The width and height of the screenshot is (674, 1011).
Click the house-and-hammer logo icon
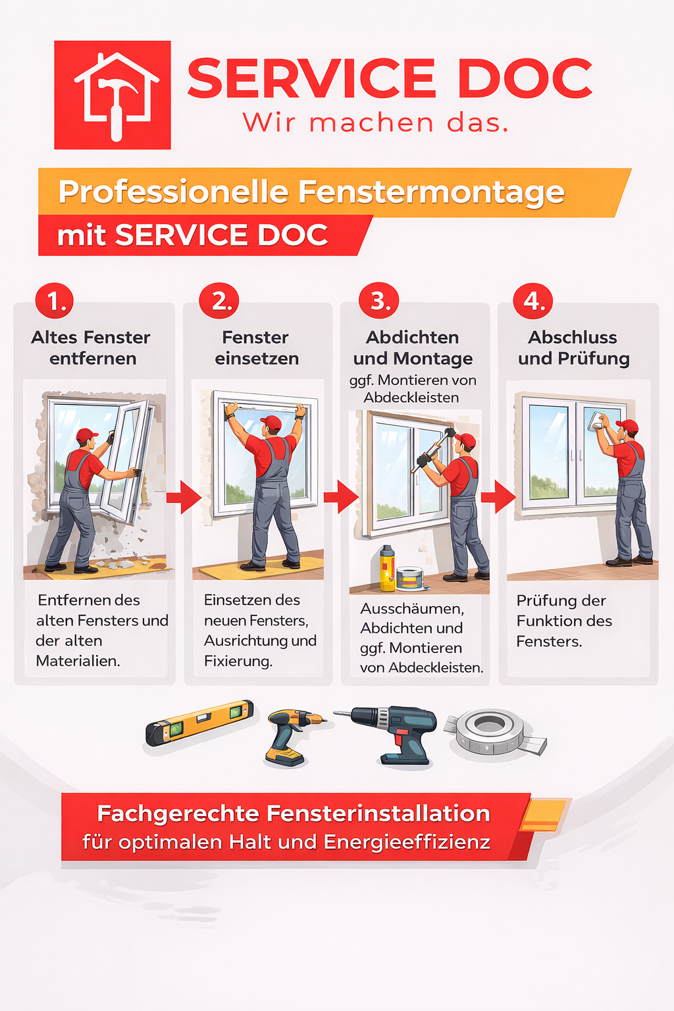click(x=113, y=95)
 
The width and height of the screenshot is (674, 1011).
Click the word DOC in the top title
click(x=525, y=79)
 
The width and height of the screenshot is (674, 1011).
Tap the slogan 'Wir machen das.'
click(x=376, y=123)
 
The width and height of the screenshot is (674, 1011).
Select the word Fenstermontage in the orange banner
click(x=431, y=192)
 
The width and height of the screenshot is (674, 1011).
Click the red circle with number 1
click(x=55, y=301)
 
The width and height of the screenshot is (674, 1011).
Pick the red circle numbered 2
click(x=220, y=301)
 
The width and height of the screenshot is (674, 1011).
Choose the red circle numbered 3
click(x=378, y=301)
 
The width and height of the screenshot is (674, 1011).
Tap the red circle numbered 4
click(x=533, y=301)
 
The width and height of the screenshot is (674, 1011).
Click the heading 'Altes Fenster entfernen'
click(x=91, y=348)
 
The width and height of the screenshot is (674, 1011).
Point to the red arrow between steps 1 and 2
click(x=184, y=497)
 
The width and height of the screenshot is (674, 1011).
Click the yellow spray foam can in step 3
click(x=387, y=567)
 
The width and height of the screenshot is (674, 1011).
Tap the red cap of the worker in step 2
click(x=271, y=421)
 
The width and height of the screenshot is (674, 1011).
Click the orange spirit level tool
click(x=199, y=722)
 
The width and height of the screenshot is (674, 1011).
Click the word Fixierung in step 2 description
click(x=238, y=661)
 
